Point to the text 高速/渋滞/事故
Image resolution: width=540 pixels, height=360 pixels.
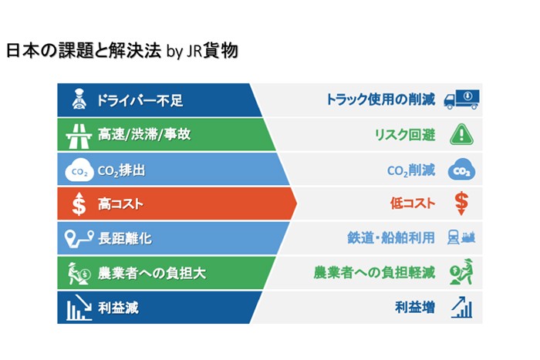[x=144, y=135]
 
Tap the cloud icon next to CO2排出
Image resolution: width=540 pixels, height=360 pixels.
[x=79, y=170]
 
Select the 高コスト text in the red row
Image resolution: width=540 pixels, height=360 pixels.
[x=121, y=204]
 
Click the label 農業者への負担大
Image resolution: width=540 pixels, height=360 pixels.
[x=151, y=273]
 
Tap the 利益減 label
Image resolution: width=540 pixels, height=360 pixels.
[x=118, y=308]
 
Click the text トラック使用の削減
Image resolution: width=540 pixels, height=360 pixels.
[x=380, y=100]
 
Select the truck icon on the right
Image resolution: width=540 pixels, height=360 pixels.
[x=461, y=99]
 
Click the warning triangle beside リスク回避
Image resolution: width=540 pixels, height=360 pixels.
[x=461, y=134]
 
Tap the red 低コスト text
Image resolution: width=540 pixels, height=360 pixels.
[x=411, y=204]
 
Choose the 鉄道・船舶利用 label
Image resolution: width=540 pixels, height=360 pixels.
[x=391, y=239]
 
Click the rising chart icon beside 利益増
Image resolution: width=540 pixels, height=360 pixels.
[x=461, y=308]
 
